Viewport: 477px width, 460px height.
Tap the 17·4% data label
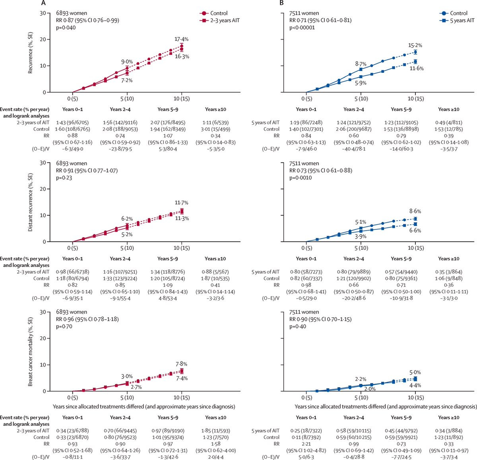click(x=181, y=39)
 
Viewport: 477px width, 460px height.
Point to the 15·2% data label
click(x=415, y=45)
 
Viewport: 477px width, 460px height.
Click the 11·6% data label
click(x=417, y=68)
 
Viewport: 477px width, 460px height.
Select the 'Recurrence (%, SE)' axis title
click(x=30, y=52)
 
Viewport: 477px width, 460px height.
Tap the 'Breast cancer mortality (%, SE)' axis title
click(x=30, y=351)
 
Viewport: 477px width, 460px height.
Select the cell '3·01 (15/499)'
click(x=215, y=129)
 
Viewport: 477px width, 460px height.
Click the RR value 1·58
click(x=215, y=444)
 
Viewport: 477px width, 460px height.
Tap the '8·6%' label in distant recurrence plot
click(x=415, y=211)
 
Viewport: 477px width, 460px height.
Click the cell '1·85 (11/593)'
click(x=215, y=431)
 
